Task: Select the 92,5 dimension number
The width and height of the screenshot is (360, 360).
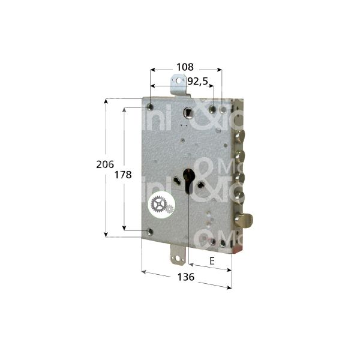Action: pos(198,80)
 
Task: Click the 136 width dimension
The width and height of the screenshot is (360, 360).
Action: pos(186,277)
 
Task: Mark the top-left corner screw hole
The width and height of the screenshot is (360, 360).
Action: pos(149,108)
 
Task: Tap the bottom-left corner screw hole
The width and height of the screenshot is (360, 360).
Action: pos(149,232)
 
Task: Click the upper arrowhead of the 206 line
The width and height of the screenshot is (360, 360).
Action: pos(107,102)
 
